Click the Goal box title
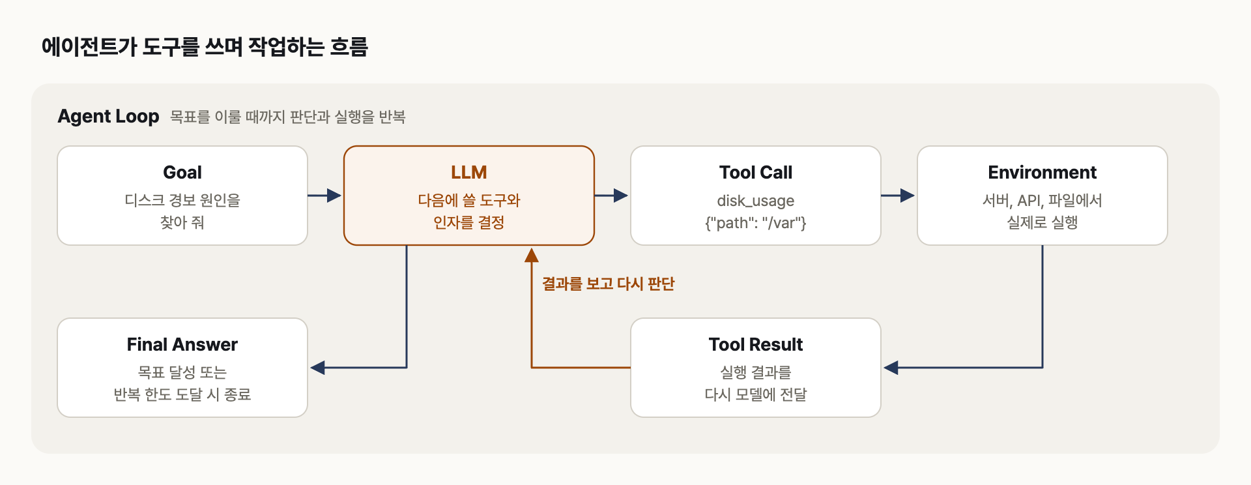tap(182, 173)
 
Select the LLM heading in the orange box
tap(469, 173)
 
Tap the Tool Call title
tap(756, 173)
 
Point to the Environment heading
tap(1042, 173)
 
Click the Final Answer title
tap(182, 344)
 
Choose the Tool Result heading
tap(756, 344)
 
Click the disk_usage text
tap(756, 201)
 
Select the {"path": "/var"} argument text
tap(756, 223)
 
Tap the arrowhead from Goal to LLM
tap(334, 195)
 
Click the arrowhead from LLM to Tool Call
tap(621, 195)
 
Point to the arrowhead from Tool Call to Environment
tap(908, 195)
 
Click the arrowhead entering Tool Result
tap(891, 368)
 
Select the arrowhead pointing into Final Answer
tap(317, 368)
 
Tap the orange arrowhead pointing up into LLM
tap(532, 255)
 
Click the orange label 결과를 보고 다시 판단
tap(609, 284)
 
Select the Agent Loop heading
tap(108, 116)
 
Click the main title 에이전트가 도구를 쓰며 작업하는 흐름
tap(205, 47)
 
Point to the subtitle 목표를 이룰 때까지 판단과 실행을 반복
tap(288, 117)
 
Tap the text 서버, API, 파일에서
tap(1042, 201)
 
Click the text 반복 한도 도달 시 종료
tap(182, 394)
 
